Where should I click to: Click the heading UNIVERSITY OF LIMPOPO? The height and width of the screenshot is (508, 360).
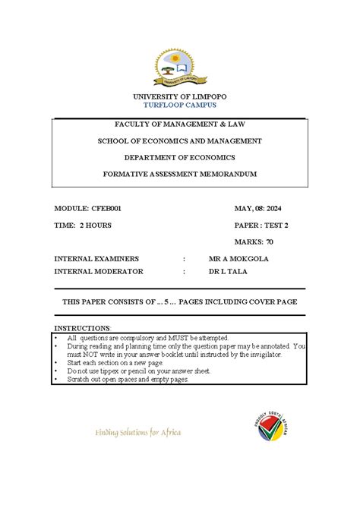180,97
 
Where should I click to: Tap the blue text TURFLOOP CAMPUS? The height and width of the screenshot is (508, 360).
180,106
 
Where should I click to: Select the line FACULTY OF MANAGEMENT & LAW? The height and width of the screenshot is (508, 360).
180,124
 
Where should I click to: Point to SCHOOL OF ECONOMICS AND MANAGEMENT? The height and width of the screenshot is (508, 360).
180,140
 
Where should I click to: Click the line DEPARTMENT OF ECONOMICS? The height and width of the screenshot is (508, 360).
180,157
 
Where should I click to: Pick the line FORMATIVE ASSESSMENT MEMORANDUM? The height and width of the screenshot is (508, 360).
180,174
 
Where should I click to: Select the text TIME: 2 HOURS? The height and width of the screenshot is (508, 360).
83,226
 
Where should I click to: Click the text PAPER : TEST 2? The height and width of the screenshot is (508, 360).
262,226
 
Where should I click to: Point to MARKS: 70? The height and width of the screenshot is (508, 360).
254,242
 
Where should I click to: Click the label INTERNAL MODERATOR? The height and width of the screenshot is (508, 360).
98,270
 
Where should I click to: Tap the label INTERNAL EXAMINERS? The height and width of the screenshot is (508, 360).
94,259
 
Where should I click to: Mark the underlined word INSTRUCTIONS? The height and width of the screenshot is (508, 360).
82,329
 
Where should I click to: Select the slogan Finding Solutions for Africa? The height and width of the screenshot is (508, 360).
137,433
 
